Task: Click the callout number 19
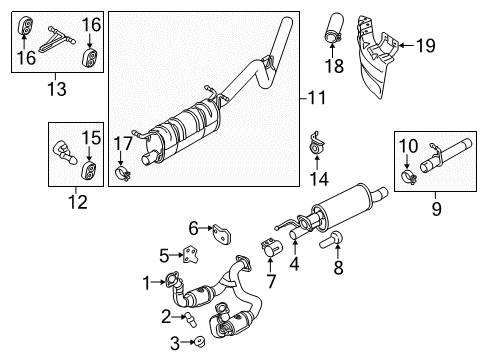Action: coord(425,44)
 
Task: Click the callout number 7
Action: coord(270,277)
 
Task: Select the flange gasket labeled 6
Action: coord(221,238)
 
